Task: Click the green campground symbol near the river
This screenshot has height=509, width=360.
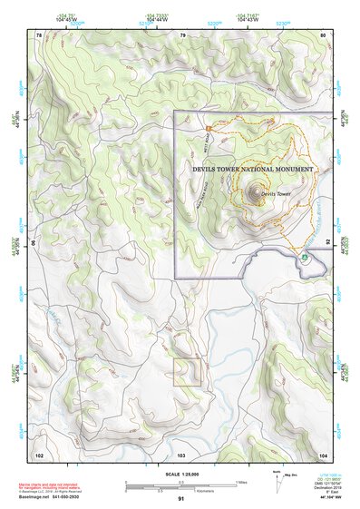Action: pos(305,258)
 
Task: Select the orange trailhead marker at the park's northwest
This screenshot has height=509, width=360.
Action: pos(208,129)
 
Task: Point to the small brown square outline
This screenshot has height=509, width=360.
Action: pos(187,371)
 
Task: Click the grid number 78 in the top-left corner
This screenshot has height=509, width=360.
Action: pos(39,34)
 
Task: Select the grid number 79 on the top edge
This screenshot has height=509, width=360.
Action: pos(182,34)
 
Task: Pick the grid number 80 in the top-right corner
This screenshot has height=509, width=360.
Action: pos(323,34)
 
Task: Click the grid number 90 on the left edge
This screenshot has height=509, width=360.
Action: pos(35,243)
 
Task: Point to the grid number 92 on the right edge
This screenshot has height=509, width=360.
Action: pos(327,243)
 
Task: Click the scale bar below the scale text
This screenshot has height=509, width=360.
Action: pos(180,484)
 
